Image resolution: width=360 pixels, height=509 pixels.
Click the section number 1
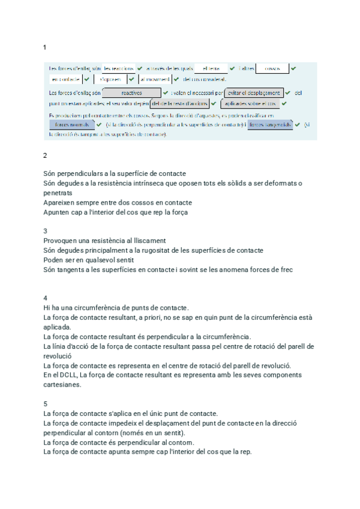pyautogui.click(x=45, y=47)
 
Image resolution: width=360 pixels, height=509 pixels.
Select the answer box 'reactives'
pyautogui.click(x=131, y=93)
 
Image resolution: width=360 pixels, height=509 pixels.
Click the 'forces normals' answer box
pyautogui.click(x=71, y=125)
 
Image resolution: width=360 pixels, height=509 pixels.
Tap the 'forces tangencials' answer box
pyautogui.click(x=270, y=125)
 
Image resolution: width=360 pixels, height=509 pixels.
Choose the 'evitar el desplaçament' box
pyautogui.click(x=254, y=93)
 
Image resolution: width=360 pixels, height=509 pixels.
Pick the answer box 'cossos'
pyautogui.click(x=272, y=68)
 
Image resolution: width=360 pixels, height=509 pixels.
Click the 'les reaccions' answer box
pyautogui.click(x=118, y=68)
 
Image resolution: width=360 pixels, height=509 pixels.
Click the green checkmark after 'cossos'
pyautogui.click(x=293, y=68)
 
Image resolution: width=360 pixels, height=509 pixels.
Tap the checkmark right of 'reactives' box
pyautogui.click(x=166, y=93)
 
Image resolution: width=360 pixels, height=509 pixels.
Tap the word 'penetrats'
pyautogui.click(x=58, y=193)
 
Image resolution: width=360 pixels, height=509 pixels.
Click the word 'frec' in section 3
pyautogui.click(x=286, y=270)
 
